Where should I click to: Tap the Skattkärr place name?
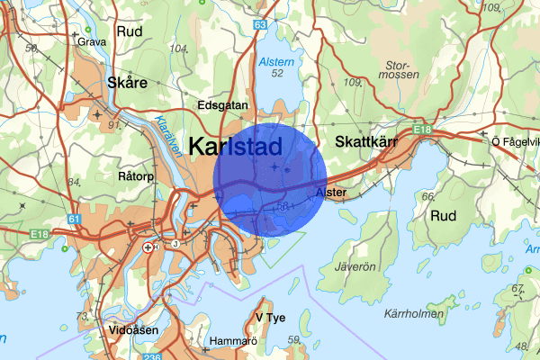[x=364, y=142]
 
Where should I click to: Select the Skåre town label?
[x=126, y=82]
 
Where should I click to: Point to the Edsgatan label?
[x=221, y=105]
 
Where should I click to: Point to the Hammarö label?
[x=232, y=342]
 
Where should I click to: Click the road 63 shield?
[x=260, y=25]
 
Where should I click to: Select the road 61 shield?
[x=73, y=219]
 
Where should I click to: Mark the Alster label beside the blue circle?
[x=331, y=193]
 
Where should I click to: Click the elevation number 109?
[x=353, y=83]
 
